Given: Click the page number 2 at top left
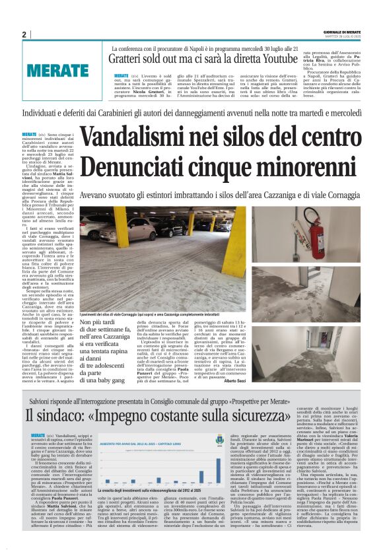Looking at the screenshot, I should (x=24, y=34).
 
